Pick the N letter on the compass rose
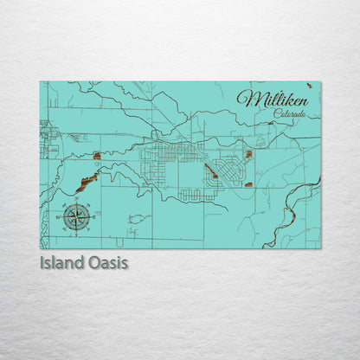tap(76, 198)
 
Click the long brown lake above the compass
tap(85, 182)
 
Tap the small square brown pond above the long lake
tap(97, 157)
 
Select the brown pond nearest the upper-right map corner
tap(272, 123)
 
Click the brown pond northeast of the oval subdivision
tap(249, 154)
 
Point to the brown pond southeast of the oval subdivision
tap(244, 183)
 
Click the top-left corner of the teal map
tap(40, 82)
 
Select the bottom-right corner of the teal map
tap(320, 248)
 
